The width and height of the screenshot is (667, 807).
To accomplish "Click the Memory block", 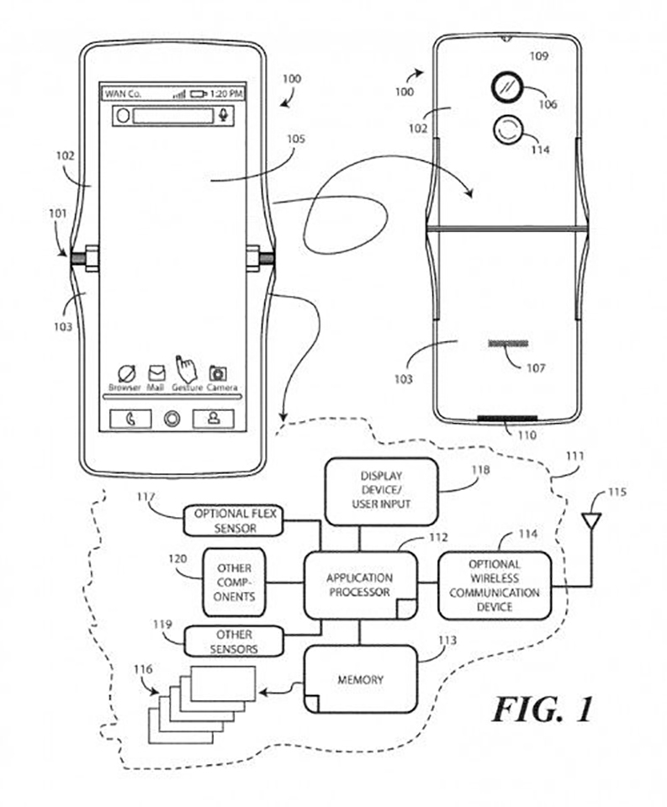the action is tap(360, 679).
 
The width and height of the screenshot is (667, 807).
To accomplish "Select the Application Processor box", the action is tap(360, 585).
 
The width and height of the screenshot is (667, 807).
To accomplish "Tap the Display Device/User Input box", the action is tap(381, 491).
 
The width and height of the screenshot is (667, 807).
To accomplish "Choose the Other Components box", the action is tap(235, 582).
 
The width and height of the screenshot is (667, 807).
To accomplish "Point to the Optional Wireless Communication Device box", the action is tap(495, 585).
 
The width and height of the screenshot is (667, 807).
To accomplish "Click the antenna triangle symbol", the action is tap(591, 521).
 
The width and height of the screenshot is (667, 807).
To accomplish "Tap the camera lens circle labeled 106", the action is tap(507, 87).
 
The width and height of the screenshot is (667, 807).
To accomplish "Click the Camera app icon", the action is tap(219, 373).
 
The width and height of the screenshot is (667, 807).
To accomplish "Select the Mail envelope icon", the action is tap(156, 373).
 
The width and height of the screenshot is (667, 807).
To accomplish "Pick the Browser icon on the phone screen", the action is tap(126, 373).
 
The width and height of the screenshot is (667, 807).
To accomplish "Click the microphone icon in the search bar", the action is tap(223, 115).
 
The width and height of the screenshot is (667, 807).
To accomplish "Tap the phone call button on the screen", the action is tap(131, 419).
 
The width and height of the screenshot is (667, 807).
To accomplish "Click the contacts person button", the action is tap(214, 419).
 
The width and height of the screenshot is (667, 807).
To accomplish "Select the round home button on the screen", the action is tap(172, 419).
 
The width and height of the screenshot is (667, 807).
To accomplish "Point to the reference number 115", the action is tap(617, 492).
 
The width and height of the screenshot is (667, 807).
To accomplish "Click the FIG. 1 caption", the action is tap(543, 709).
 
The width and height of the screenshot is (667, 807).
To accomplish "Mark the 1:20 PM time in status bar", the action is tap(226, 93).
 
